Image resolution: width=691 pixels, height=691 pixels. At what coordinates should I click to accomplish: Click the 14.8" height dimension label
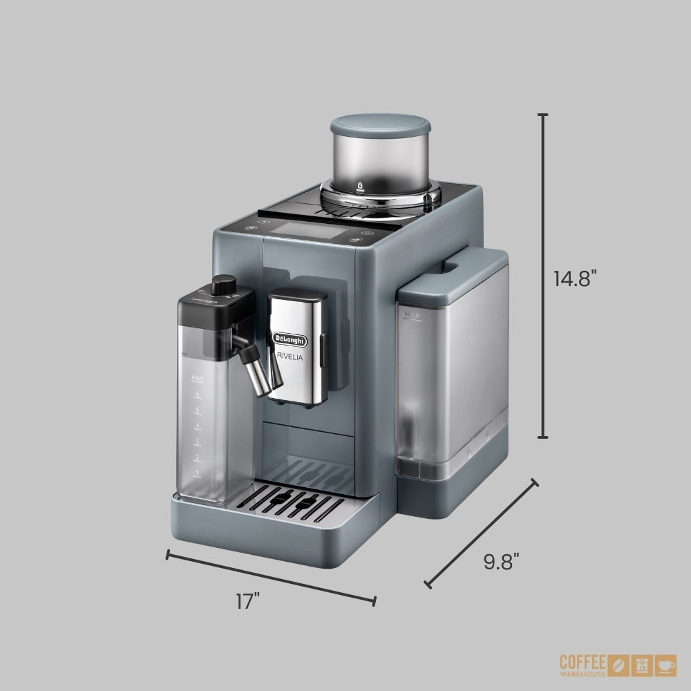(574, 278)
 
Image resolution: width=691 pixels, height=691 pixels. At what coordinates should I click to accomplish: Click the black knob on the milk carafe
(223, 285)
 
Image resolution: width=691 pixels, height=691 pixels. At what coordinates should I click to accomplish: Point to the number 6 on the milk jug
(197, 394)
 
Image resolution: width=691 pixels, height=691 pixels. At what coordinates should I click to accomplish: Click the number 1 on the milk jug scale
(197, 473)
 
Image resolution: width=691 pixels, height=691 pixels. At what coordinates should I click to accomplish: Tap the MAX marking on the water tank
(413, 315)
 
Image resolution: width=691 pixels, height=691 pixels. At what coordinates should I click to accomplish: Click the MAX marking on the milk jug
(196, 378)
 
